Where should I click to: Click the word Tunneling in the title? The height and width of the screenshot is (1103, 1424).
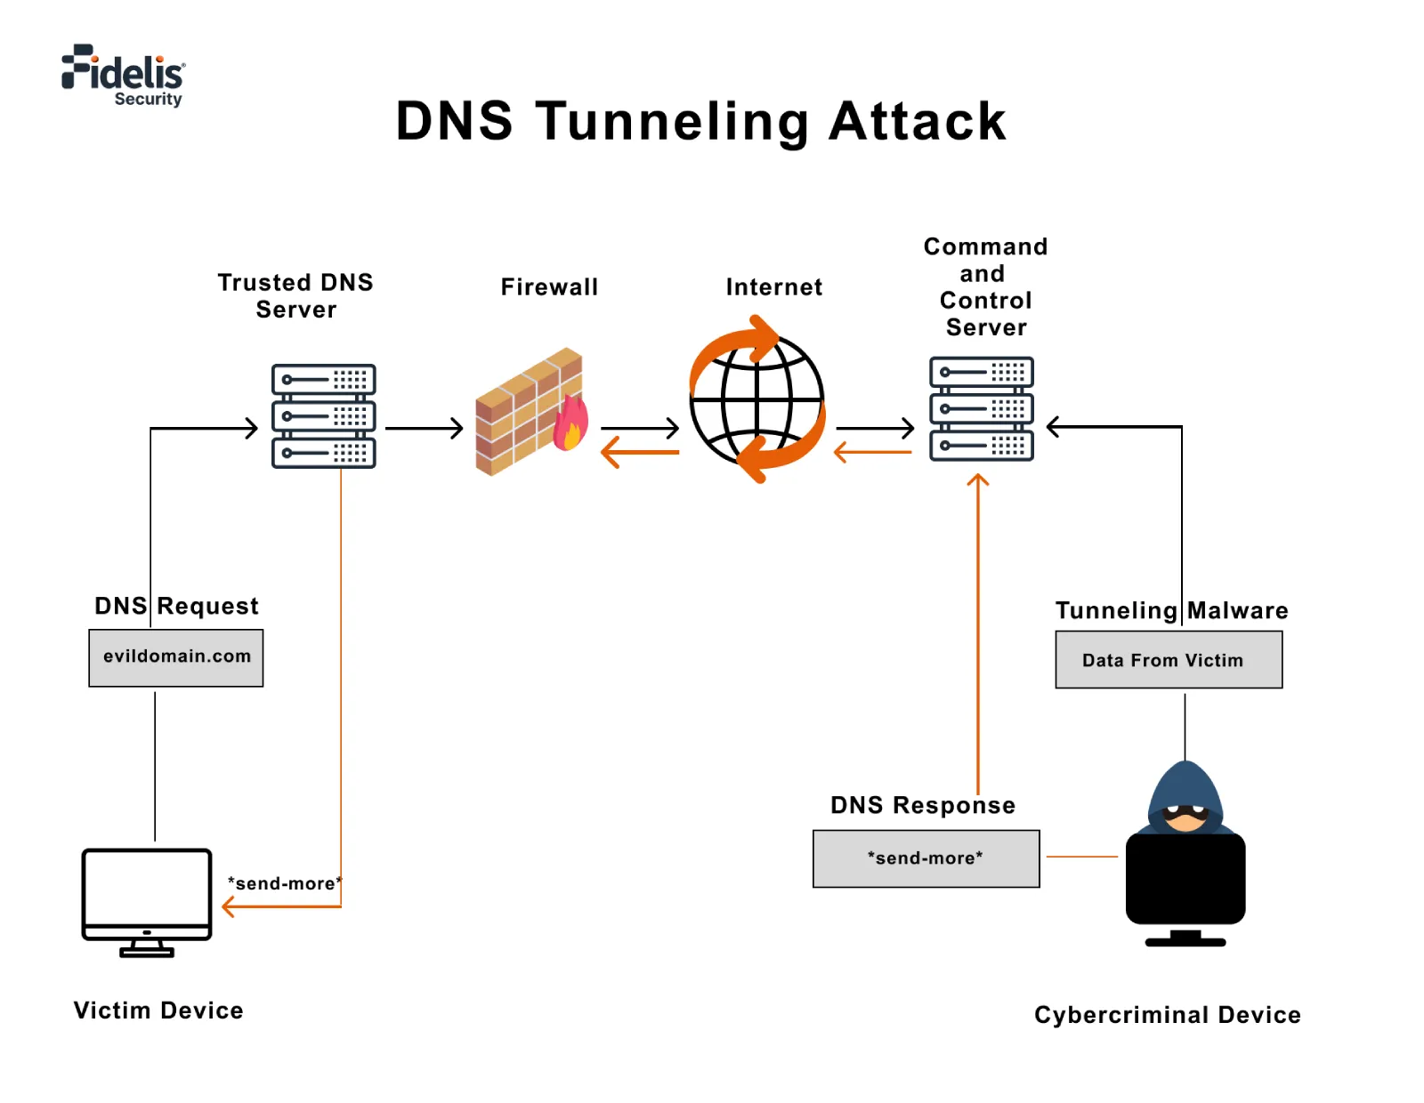tap(671, 122)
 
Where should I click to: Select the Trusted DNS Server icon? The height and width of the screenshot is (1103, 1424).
tap(323, 416)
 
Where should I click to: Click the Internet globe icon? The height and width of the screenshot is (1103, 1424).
tap(757, 399)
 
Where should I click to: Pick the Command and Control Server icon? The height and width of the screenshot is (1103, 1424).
tap(981, 408)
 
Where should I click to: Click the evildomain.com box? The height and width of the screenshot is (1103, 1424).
tap(176, 657)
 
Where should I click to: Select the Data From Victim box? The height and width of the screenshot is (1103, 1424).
tap(1168, 660)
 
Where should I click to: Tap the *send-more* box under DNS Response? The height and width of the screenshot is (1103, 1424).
tap(926, 858)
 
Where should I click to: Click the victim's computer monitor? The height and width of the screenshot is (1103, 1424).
tap(147, 894)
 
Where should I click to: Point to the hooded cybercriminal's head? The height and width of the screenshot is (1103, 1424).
tap(1185, 796)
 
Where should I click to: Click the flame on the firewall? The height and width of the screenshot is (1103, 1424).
tap(570, 424)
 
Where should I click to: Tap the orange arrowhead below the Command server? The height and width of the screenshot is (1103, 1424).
tap(978, 480)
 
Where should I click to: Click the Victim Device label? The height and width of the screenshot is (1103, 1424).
tap(158, 1010)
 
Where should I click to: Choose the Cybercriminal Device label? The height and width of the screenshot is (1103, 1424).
tap(1167, 1015)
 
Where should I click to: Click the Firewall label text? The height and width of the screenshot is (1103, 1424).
tap(549, 287)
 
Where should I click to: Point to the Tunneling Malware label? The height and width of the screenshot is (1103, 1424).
tap(1171, 610)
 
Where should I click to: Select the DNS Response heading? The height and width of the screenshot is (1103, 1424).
tap(922, 805)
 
